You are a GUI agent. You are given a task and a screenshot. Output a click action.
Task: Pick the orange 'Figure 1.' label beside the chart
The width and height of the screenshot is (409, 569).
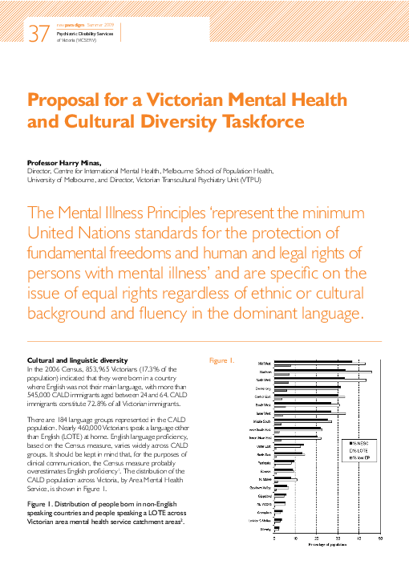tap(222, 360)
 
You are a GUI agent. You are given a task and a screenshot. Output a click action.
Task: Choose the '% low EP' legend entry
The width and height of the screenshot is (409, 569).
tap(356, 457)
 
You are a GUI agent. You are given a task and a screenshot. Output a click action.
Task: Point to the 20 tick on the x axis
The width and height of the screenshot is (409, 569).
tap(318, 539)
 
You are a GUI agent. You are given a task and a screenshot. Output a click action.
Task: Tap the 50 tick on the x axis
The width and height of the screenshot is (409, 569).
tap(380, 539)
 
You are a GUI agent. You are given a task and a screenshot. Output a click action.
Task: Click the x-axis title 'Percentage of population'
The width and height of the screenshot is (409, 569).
tap(329, 544)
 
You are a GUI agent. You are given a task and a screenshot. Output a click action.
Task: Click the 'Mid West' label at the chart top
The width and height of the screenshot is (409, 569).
tap(263, 364)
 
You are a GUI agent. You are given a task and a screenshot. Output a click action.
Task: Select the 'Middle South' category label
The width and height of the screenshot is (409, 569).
tap(260, 421)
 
